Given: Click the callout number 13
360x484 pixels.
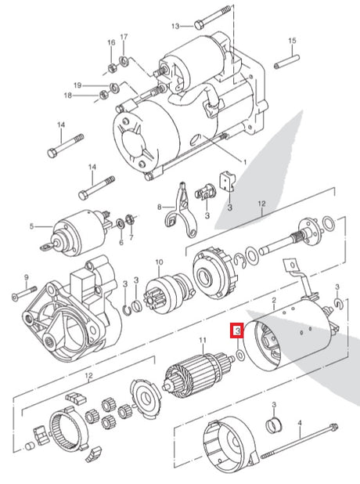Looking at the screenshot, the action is [x=175, y=27].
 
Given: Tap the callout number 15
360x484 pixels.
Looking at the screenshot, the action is [x=292, y=41].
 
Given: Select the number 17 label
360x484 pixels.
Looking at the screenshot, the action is [x=124, y=37].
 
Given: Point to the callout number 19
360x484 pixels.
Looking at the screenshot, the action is [x=77, y=85].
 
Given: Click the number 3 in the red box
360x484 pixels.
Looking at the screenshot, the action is [x=238, y=331].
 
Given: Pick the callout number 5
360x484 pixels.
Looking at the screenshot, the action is [x=32, y=226].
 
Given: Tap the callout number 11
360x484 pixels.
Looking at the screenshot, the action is [x=203, y=340].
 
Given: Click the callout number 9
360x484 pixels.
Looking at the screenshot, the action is [x=26, y=277].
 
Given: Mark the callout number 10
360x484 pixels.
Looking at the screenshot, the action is [x=159, y=262].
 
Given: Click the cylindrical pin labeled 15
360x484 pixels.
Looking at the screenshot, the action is [x=287, y=62].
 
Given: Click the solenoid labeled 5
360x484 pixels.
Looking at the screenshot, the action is [x=79, y=230].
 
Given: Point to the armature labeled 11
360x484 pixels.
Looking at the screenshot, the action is [x=197, y=374].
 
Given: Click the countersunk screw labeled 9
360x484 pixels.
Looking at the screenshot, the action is [x=24, y=293].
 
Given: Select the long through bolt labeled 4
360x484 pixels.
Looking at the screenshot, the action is [x=300, y=442].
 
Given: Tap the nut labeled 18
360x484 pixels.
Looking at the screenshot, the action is [x=103, y=95].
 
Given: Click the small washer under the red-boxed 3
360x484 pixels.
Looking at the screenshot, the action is [x=240, y=355].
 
